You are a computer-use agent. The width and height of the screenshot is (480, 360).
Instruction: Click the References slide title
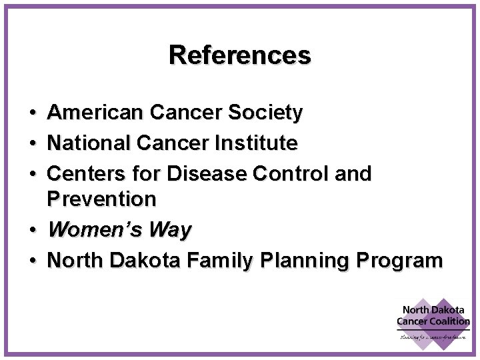click(x=240, y=55)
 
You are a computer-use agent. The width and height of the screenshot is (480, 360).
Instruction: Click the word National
click(x=88, y=143)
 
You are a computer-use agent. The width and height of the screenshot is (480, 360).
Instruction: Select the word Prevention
click(x=102, y=199)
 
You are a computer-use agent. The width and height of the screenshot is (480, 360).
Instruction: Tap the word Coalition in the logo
click(x=451, y=322)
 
